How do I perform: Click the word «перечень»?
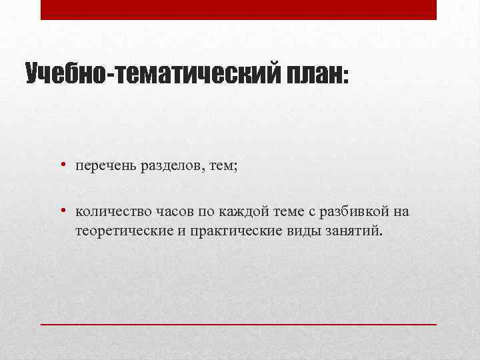(x=105, y=165)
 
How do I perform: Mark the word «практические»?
(x=232, y=231)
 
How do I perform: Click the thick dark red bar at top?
(x=239, y=9)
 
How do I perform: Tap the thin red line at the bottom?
(x=239, y=323)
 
